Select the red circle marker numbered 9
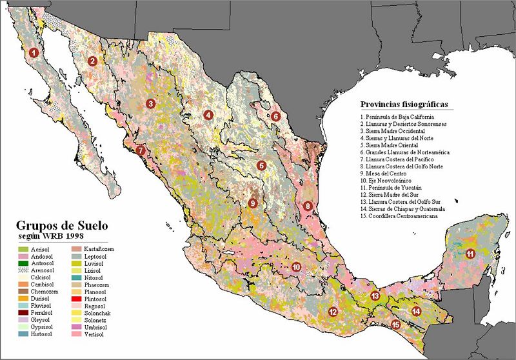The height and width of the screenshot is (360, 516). pyautogui.click(x=253, y=203)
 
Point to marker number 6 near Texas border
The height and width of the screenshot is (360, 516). pyautogui.click(x=275, y=116)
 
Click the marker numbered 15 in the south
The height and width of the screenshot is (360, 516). pyautogui.click(x=395, y=325)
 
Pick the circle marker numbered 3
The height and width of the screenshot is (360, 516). pyautogui.click(x=150, y=103)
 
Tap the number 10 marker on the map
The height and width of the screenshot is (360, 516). pyautogui.click(x=296, y=266)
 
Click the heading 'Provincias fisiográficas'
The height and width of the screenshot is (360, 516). pyautogui.click(x=404, y=104)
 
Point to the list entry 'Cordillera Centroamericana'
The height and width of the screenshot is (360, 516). pyautogui.click(x=399, y=216)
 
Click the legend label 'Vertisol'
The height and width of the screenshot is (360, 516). pyautogui.click(x=106, y=335)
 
